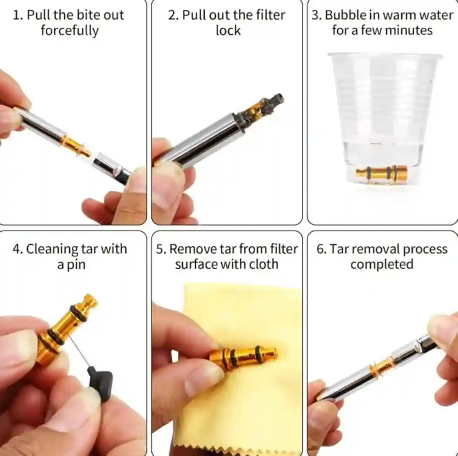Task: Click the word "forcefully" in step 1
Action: [69, 31]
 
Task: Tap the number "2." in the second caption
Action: [173, 15]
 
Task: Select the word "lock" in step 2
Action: [228, 31]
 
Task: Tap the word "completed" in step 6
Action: [382, 264]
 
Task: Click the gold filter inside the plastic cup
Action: [381, 172]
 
